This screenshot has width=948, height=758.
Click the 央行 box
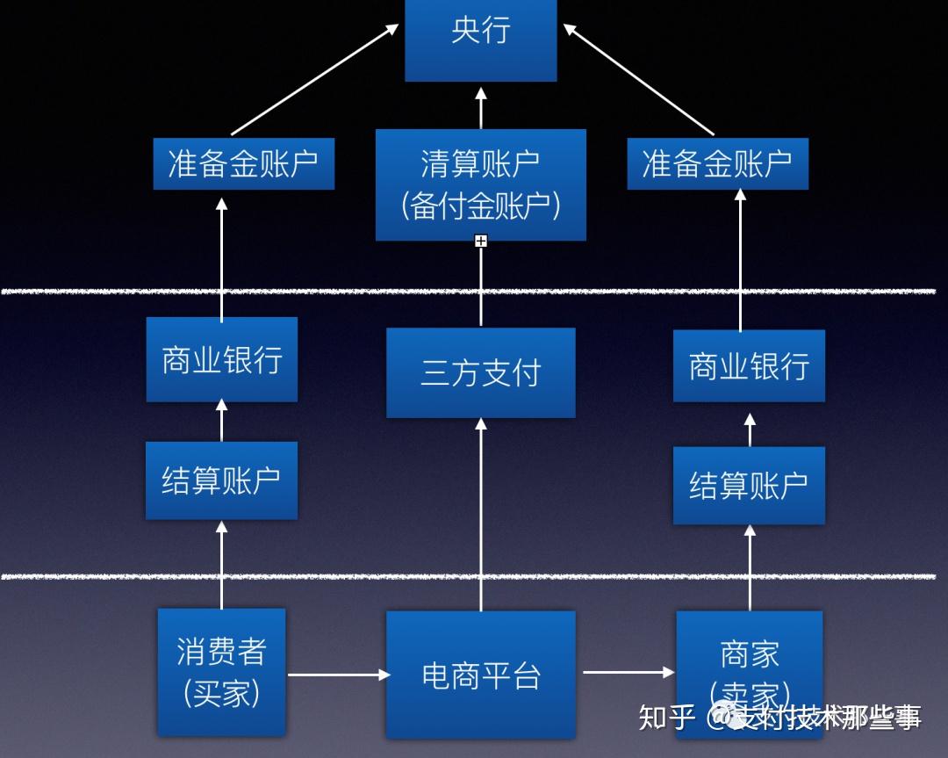pos(480,40)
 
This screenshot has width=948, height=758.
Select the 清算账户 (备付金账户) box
pos(480,184)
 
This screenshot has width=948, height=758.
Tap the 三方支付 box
pos(480,373)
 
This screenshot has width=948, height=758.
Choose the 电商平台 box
pos(480,675)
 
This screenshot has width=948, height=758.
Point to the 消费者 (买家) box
pos(221,672)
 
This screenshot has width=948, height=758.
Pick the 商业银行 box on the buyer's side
pos(221,359)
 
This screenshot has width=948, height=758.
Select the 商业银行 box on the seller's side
pos(749,366)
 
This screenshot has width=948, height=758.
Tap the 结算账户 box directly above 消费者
pos(221,480)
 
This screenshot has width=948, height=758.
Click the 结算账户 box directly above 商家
pos(749,485)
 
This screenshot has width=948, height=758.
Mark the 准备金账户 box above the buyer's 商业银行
pos(243,163)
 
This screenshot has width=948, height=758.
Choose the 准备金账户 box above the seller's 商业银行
pos(717,163)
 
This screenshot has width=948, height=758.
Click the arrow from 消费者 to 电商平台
pos(338,675)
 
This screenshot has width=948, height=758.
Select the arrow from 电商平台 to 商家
pos(627,673)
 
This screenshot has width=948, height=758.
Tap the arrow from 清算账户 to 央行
pos(480,107)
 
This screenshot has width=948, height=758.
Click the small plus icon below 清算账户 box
pos(480,241)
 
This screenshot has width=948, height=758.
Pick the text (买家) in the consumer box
pos(221,694)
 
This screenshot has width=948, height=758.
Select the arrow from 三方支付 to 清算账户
pos(480,285)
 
